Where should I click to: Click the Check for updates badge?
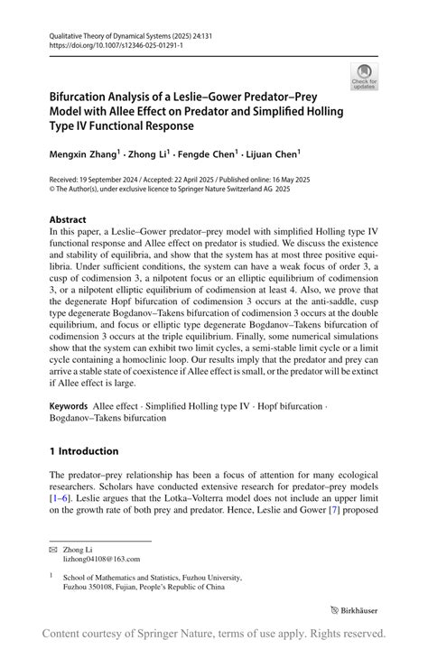365,77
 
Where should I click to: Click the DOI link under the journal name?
103,42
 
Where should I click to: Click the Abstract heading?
69,219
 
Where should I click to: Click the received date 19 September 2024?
120,181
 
